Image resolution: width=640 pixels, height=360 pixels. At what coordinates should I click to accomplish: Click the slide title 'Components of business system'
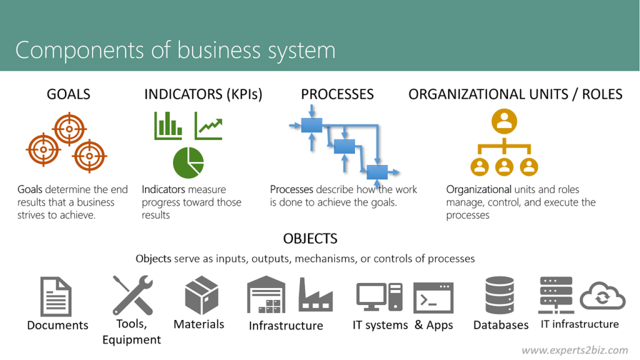pos(175,50)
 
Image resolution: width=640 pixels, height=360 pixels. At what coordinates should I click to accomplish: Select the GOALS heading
pos(69,94)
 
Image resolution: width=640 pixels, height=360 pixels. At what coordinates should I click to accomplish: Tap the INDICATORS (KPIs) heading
pos(203,94)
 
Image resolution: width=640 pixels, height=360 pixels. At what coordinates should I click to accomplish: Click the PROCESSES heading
pos(337,94)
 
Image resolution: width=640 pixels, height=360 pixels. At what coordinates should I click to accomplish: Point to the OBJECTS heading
pos(310,239)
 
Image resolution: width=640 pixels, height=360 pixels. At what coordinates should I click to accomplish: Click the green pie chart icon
pos(188,162)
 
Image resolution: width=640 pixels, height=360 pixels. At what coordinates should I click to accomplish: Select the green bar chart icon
pos(168,126)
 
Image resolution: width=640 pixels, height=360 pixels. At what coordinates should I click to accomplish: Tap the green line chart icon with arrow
pos(209,126)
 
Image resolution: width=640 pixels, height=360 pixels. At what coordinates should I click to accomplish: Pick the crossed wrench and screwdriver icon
pos(132,295)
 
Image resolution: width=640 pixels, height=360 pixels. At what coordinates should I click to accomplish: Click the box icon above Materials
pos(201,296)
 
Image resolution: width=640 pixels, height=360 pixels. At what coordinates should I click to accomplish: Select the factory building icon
pos(316,294)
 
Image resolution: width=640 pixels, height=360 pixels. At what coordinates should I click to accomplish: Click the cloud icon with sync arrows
pos(602,296)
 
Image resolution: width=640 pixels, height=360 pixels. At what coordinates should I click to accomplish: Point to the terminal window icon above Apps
pos(433,297)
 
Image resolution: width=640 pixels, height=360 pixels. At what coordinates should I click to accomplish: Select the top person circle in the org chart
pos(504,121)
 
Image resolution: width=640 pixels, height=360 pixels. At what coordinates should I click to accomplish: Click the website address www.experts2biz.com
pos(574,350)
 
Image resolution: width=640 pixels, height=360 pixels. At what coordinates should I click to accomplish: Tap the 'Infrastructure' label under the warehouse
pos(286,326)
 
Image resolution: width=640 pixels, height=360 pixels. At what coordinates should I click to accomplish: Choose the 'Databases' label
pos(501,325)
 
